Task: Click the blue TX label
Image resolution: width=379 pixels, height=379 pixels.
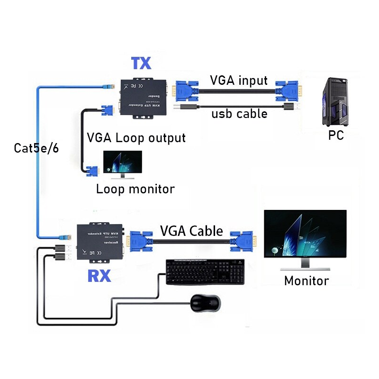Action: click(x=141, y=63)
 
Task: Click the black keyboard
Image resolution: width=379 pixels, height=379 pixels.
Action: click(x=205, y=272)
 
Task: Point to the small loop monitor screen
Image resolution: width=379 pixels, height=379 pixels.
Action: click(x=122, y=164)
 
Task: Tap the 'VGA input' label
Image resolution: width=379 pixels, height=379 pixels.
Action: click(x=239, y=80)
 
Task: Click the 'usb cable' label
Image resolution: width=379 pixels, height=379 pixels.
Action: click(x=239, y=114)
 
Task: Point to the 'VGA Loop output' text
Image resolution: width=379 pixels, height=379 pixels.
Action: click(x=136, y=138)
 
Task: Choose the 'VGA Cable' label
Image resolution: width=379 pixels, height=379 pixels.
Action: click(x=191, y=231)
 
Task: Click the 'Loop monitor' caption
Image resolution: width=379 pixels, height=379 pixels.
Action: click(x=135, y=189)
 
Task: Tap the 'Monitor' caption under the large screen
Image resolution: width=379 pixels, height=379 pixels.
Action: click(x=306, y=280)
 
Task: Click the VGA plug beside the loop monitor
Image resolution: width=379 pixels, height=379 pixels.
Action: click(x=91, y=171)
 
